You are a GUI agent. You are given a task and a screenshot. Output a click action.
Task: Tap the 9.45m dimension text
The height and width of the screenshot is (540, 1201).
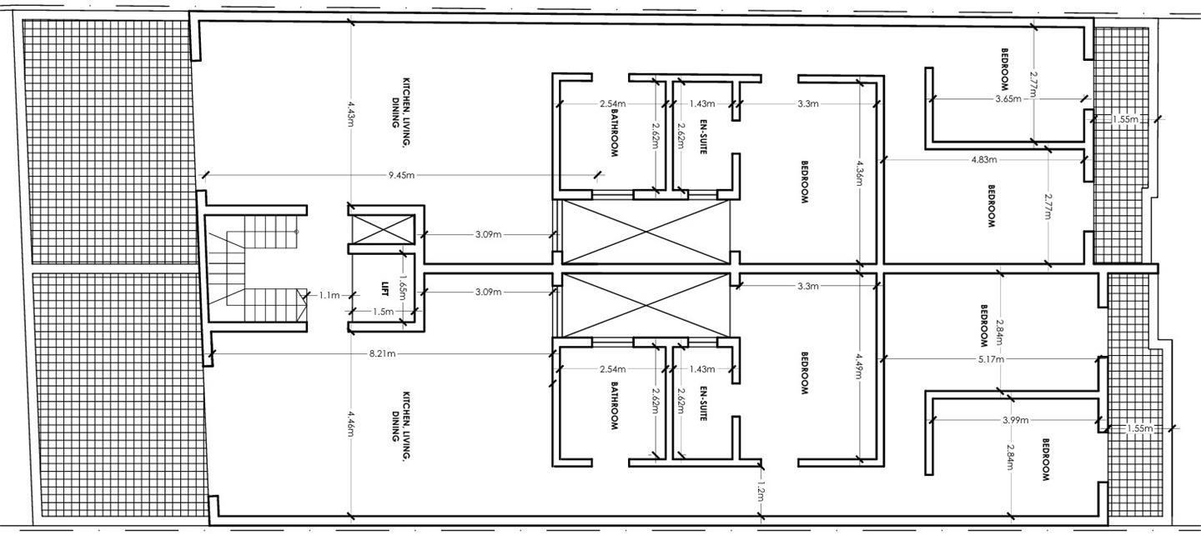(402, 175)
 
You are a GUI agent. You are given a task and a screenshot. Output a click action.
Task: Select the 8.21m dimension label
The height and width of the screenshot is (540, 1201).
(382, 353)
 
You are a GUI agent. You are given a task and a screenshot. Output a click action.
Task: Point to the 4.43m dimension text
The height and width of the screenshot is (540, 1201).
(350, 113)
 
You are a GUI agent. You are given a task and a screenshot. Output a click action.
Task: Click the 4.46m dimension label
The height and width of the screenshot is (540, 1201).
(350, 424)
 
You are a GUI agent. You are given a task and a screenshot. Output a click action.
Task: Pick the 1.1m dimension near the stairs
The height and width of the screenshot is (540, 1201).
(329, 295)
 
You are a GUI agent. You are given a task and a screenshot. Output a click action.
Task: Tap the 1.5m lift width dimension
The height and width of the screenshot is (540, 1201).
(383, 312)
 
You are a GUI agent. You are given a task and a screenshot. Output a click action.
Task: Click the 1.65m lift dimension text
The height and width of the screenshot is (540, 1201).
(403, 287)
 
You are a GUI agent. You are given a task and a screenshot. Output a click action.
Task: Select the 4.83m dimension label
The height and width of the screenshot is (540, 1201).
(984, 159)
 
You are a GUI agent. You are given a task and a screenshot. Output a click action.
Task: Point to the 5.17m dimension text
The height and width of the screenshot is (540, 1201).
(991, 359)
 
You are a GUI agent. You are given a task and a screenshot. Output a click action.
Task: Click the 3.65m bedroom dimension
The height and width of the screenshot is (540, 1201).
(1008, 98)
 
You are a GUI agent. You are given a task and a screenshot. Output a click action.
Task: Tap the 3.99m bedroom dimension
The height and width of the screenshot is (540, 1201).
(1016, 420)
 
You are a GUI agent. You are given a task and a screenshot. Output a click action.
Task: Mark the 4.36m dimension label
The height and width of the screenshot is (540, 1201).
(859, 173)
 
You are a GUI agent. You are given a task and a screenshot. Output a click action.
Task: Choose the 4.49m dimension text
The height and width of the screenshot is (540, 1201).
(859, 367)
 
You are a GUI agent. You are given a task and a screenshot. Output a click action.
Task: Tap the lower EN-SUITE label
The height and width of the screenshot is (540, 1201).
(703, 403)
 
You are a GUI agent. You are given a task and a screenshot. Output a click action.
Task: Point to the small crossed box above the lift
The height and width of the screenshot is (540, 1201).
(383, 229)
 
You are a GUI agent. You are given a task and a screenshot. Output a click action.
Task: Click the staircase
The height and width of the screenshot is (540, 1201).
(253, 267)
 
